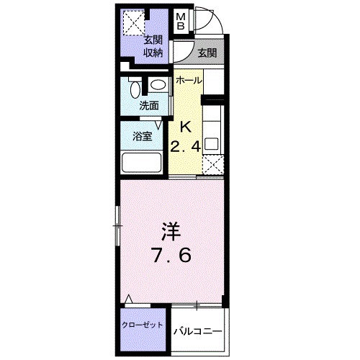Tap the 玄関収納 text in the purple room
coord(152,46)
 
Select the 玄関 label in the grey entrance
coord(207,52)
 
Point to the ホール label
coord(189,79)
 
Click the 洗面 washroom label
coord(149,105)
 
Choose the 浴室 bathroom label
coord(142,136)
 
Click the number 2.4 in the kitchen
coord(184,148)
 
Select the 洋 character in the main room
coord(171,231)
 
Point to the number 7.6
coord(171,256)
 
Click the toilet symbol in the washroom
coord(135,89)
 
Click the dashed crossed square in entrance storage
coord(132,24)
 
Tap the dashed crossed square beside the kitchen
coord(213,166)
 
